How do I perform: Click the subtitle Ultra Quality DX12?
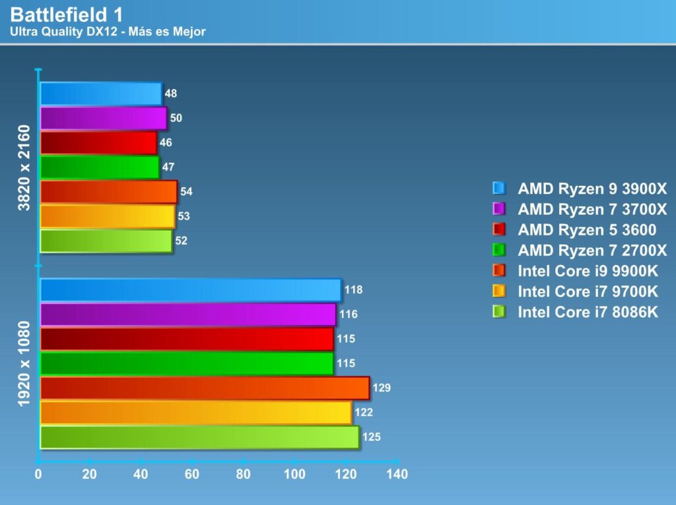(108, 32)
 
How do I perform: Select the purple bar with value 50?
(103, 118)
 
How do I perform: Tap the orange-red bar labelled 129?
(205, 388)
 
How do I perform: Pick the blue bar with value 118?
(190, 290)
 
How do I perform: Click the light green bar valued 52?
(106, 241)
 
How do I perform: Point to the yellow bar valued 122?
(195, 413)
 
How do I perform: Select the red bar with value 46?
(98, 142)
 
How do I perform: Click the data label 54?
(186, 192)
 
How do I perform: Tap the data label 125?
(371, 437)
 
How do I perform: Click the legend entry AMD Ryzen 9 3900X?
(592, 189)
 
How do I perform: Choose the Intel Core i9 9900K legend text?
(588, 271)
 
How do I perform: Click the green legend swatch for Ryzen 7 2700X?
(498, 250)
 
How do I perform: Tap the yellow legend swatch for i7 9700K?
(498, 291)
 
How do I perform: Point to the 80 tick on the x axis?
(244, 474)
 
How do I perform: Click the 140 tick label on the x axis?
(397, 474)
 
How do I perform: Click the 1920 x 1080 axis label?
(24, 363)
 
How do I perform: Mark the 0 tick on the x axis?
(39, 474)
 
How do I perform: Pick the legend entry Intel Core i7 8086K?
(588, 312)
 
